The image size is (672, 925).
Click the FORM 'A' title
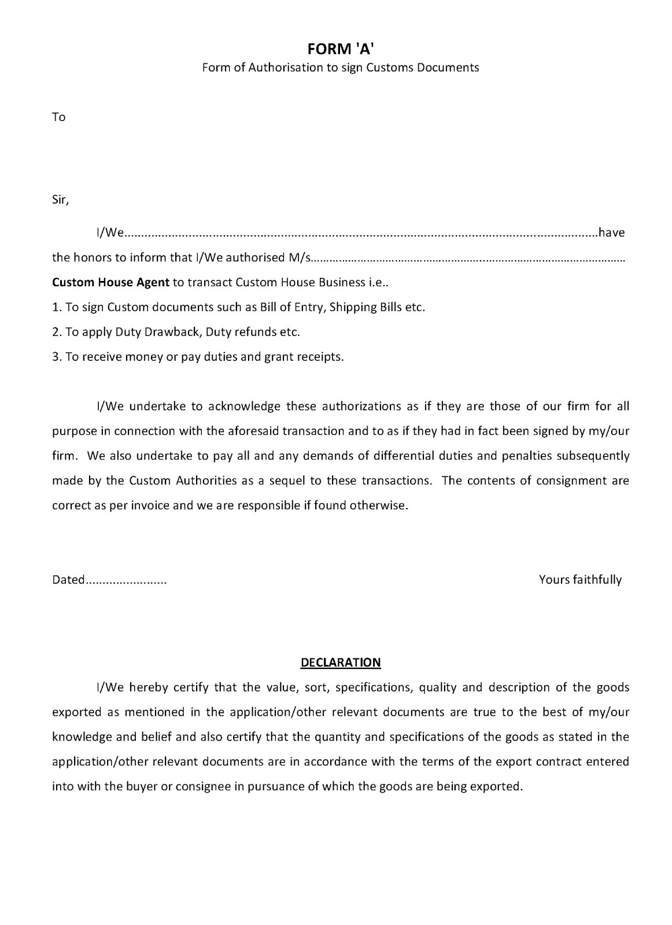pyautogui.click(x=340, y=50)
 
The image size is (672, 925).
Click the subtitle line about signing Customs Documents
pyautogui.click(x=340, y=68)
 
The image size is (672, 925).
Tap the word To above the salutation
pyautogui.click(x=59, y=117)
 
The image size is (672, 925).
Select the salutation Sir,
pyautogui.click(x=61, y=201)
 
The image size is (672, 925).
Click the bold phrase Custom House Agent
pyautogui.click(x=111, y=283)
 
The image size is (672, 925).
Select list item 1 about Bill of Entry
pyautogui.click(x=239, y=308)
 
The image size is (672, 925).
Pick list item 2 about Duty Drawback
pyautogui.click(x=176, y=332)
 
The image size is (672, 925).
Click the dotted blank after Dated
pyautogui.click(x=126, y=580)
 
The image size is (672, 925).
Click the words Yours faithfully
pyautogui.click(x=580, y=580)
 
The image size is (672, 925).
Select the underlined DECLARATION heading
pyautogui.click(x=341, y=663)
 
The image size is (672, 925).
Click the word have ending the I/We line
pyautogui.click(x=611, y=234)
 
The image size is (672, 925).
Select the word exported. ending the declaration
pyautogui.click(x=498, y=787)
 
